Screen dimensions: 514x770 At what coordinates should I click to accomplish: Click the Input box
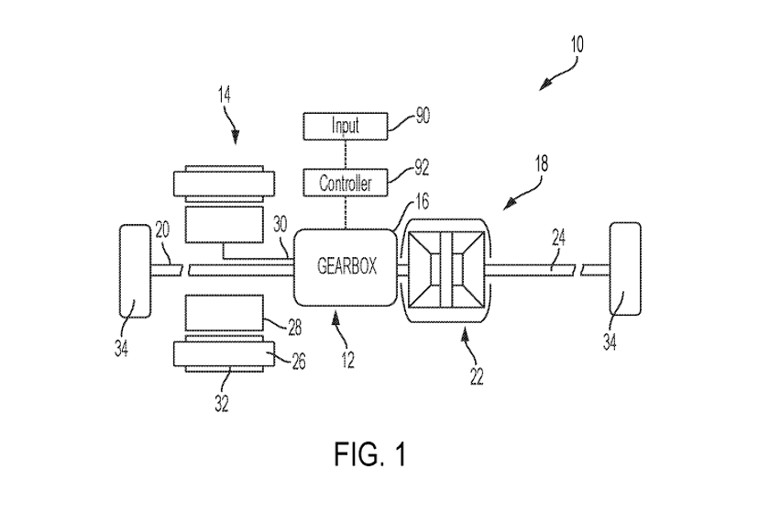pyautogui.click(x=345, y=125)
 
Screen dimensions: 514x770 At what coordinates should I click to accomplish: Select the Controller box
pyautogui.click(x=345, y=184)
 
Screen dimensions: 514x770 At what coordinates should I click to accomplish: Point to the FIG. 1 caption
pyautogui.click(x=370, y=453)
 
